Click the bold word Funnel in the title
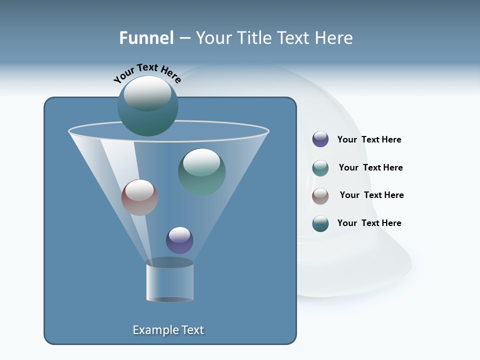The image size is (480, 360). (x=146, y=38)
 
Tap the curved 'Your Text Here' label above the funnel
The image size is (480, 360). (x=147, y=72)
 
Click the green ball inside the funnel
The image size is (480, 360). (x=201, y=172)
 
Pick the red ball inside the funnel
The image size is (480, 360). (x=139, y=197)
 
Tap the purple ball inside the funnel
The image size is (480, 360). (x=179, y=240)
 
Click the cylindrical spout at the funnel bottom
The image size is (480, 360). (x=169, y=281)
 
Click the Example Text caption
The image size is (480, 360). (x=168, y=330)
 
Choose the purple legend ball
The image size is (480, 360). (x=320, y=139)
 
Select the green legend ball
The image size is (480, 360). (x=320, y=168)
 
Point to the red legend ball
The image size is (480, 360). (x=320, y=196)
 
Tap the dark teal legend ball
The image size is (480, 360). (x=320, y=223)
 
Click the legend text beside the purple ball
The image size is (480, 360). (x=369, y=140)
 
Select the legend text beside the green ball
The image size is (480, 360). (x=370, y=168)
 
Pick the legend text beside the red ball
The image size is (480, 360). (x=371, y=195)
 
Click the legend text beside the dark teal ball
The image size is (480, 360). (x=369, y=223)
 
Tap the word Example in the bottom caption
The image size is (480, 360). (x=154, y=330)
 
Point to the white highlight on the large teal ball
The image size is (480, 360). (x=147, y=93)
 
